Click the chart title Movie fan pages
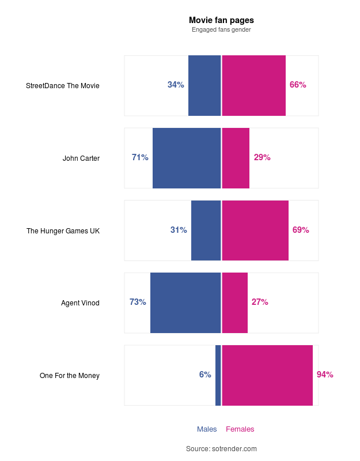221,20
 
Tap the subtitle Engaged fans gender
221,29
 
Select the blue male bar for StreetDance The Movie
204,85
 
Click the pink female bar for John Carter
236,158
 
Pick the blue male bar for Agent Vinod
185,303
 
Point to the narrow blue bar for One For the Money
218,375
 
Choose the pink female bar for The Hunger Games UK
255,231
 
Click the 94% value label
325,375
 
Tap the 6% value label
205,375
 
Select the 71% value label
140,157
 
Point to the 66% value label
298,85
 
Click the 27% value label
260,302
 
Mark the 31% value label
179,230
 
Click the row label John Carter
81,158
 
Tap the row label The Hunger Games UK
63,231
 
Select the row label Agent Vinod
80,303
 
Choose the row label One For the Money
70,376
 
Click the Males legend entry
207,429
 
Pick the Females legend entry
240,429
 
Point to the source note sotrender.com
221,448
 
